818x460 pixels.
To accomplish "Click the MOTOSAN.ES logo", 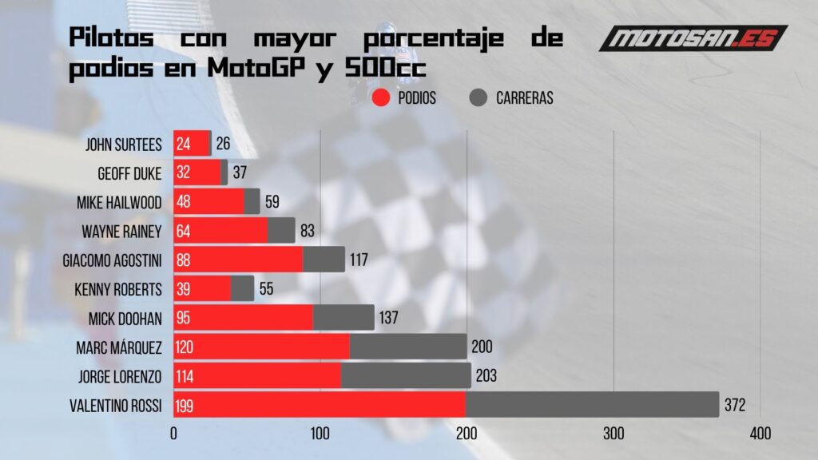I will coord(693,38).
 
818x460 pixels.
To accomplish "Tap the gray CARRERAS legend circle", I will coord(478,98).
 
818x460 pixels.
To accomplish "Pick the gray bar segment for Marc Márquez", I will coord(408,347).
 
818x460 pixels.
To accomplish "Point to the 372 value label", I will coord(735,406).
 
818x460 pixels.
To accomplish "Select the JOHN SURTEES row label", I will coord(124,145).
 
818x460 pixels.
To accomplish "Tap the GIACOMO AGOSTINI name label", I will coord(112,260).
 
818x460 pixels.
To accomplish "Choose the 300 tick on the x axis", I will coord(613,434).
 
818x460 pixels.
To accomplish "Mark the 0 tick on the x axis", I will coord(173,434).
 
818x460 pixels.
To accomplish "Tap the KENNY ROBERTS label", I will coord(120,289).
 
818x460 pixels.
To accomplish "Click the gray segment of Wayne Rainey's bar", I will coord(281,231).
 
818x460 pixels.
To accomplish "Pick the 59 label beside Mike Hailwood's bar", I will coord(272,202).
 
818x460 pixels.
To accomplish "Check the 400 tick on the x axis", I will coord(760,434).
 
